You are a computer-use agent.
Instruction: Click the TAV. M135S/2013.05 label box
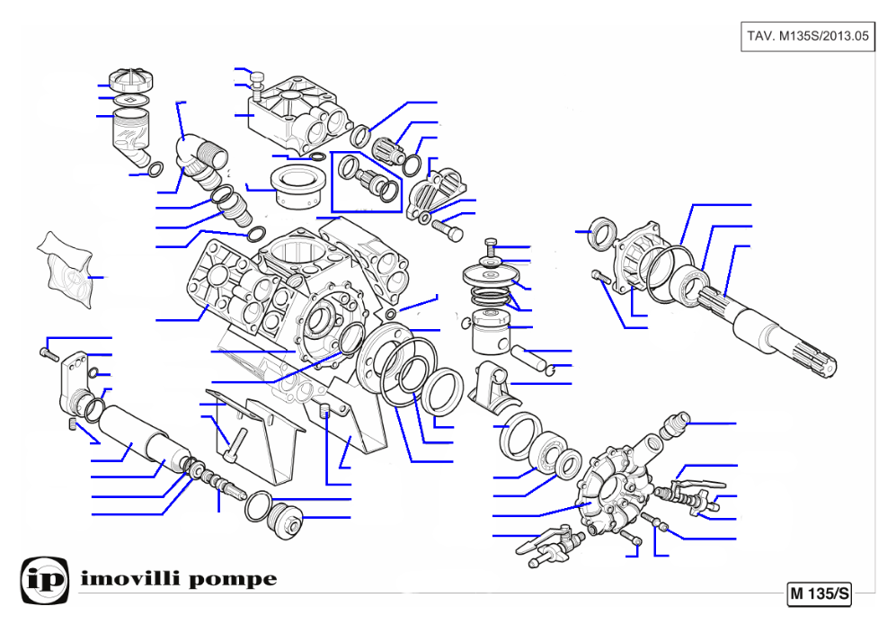coord(807,36)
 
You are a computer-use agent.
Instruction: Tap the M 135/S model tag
coord(819,593)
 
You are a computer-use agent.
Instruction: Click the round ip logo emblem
coord(45,581)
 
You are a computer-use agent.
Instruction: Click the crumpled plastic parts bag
coord(65,270)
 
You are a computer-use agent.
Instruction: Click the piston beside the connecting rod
coord(491,333)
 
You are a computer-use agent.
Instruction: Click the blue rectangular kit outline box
coord(367,182)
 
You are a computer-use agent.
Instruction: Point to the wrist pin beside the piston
coord(530,359)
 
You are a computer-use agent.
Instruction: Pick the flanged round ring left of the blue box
coord(297,186)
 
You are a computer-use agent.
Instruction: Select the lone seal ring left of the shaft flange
coord(602,233)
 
